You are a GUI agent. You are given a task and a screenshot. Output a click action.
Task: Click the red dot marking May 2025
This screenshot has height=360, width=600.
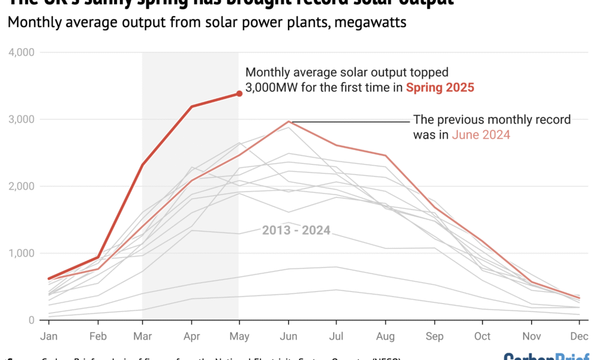click(239, 94)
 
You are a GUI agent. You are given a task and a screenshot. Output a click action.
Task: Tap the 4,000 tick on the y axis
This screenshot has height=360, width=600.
click(22, 53)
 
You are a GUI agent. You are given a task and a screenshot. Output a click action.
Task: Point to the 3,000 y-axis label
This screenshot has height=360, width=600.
click(22, 119)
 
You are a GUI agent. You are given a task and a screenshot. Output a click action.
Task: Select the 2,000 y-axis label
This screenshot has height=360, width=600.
click(22, 187)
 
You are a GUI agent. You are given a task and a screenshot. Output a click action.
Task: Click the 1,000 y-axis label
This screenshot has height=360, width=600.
click(22, 253)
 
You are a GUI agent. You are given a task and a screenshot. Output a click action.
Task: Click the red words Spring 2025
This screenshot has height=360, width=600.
click(440, 88)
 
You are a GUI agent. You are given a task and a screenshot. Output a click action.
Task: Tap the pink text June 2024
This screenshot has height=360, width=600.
click(481, 135)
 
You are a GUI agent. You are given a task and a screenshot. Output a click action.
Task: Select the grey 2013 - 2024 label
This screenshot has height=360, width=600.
click(296, 230)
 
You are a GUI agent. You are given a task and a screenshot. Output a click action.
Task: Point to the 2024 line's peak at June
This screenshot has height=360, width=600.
click(289, 121)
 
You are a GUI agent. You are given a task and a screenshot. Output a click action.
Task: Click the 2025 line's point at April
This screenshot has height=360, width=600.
click(191, 107)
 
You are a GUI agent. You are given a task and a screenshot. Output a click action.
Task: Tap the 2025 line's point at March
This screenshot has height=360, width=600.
click(142, 164)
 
